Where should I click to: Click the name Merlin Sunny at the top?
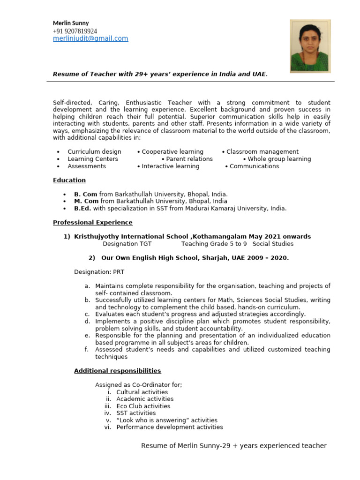(71, 23)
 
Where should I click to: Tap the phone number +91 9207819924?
(75, 31)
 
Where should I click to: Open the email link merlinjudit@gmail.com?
(90, 39)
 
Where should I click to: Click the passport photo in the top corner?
(310, 46)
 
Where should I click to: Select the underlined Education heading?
(69, 180)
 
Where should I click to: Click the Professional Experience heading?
(93, 223)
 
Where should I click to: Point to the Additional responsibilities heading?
(118, 371)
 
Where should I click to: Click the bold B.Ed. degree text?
(82, 209)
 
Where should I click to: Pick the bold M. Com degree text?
(86, 202)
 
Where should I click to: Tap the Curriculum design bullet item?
(94, 152)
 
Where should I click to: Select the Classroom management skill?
(262, 152)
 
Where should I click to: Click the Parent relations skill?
(189, 159)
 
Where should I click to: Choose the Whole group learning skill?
(279, 159)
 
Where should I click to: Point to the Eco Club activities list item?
(143, 406)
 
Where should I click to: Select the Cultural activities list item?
(142, 392)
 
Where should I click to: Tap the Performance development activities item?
(169, 427)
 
